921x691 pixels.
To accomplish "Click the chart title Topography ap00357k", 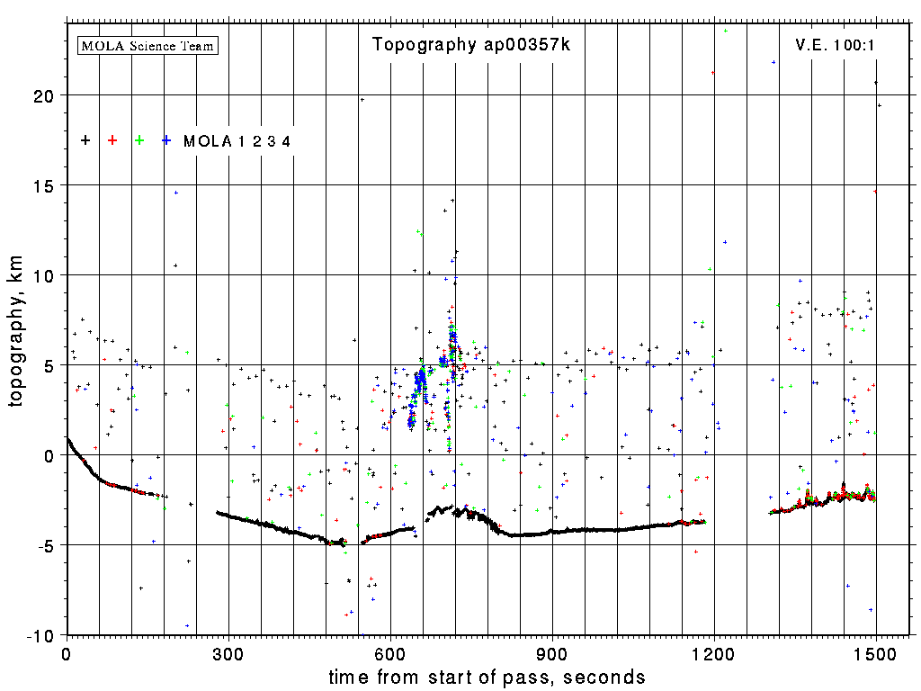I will (471, 45).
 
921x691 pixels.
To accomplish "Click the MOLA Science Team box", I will (148, 45).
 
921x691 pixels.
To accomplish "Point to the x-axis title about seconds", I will (487, 677).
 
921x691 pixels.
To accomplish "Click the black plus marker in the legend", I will (85, 139).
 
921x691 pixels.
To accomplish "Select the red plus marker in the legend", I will (112, 139).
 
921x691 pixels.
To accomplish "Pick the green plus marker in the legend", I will (139, 139).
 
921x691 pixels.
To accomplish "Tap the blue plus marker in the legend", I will (166, 139).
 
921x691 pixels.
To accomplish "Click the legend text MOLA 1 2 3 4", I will (237, 140).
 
